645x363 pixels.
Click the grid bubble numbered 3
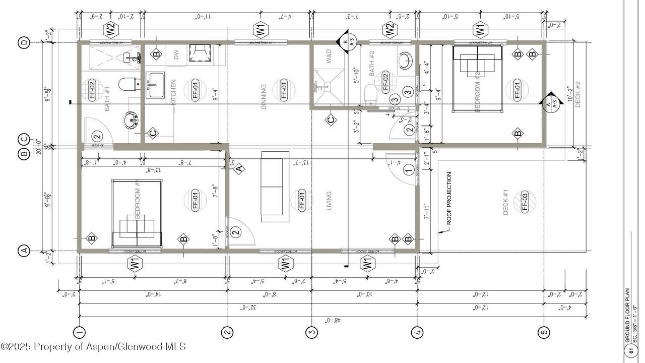[x=312, y=332]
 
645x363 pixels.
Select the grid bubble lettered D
[x=24, y=43]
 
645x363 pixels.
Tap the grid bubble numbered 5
[x=544, y=332]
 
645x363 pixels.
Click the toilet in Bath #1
[x=129, y=84]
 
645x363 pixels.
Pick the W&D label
[x=329, y=56]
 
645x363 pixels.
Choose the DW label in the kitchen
[x=176, y=55]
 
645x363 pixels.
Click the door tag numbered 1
[x=409, y=170]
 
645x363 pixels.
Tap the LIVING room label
[x=329, y=200]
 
